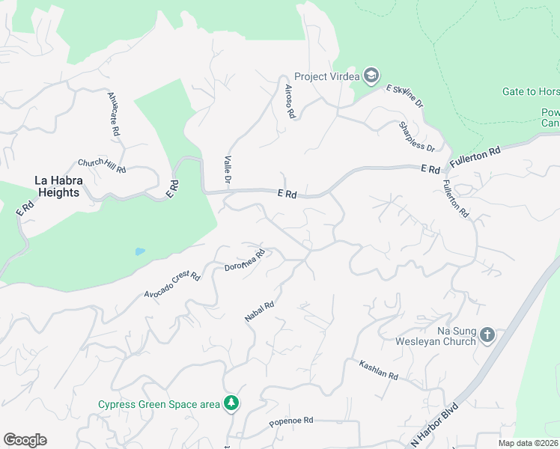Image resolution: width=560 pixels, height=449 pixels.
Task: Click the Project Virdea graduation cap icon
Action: click(x=371, y=76)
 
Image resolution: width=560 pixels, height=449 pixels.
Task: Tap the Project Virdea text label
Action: click(x=327, y=76)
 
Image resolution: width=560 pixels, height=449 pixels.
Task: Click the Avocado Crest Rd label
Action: click(x=172, y=284)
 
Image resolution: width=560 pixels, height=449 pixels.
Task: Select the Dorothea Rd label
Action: click(x=245, y=260)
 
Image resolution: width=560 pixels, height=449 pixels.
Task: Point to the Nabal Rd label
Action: click(x=260, y=311)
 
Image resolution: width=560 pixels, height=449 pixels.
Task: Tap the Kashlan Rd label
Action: click(x=378, y=369)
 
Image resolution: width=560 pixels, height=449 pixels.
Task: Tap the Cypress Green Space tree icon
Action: click(x=232, y=404)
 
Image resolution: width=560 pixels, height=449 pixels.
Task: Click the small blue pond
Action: click(x=140, y=251)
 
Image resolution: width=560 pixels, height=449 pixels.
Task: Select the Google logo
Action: click(x=25, y=440)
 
